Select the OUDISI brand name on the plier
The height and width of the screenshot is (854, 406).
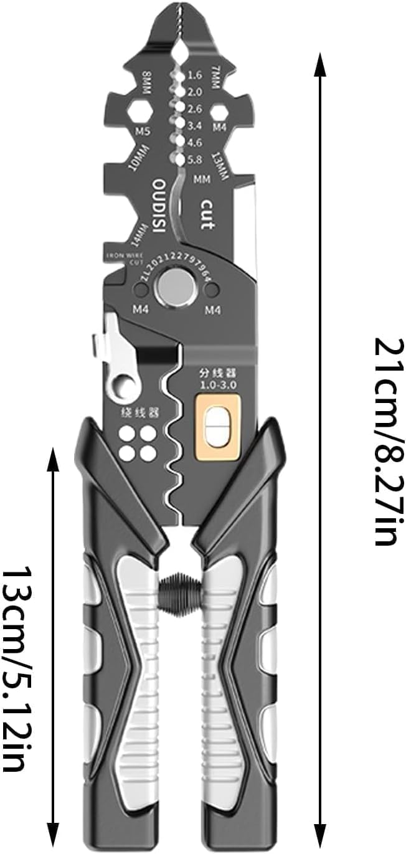pyautogui.click(x=159, y=206)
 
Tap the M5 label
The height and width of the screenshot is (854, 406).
pyautogui.click(x=143, y=131)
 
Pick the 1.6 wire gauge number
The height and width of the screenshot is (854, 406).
pyautogui.click(x=195, y=75)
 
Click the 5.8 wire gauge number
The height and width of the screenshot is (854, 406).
pyautogui.click(x=195, y=159)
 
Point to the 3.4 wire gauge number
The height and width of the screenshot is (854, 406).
pyautogui.click(x=195, y=126)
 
